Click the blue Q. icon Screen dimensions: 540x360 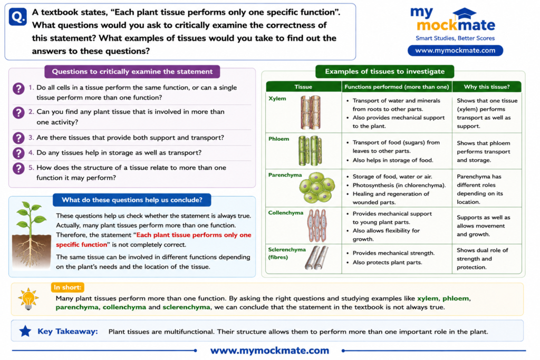tap(17, 16)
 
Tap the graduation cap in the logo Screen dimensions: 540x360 tap(464, 14)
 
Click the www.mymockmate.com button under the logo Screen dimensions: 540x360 tap(455, 50)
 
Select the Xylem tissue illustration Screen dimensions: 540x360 tap(311, 112)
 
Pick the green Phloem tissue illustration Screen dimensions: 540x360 tap(310, 150)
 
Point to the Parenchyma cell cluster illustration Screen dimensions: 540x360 tap(317, 188)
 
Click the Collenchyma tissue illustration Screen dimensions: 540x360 tap(317, 226)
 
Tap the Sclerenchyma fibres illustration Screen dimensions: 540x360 tap(316, 257)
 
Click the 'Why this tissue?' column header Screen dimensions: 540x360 tap(487, 87)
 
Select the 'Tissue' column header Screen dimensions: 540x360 tap(303, 87)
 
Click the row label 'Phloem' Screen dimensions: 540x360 tap(278, 139)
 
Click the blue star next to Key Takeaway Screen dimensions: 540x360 tap(25, 331)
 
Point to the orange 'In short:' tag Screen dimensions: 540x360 tap(67, 287)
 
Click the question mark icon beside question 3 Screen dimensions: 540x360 tap(18, 138)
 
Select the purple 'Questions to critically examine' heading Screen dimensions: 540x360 tap(132, 72)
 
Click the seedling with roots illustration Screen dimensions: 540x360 tap(31, 235)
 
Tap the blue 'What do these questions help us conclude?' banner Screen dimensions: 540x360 tap(132, 200)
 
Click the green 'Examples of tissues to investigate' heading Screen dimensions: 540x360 tap(384, 72)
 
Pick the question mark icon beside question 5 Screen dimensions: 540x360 tap(18, 168)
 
